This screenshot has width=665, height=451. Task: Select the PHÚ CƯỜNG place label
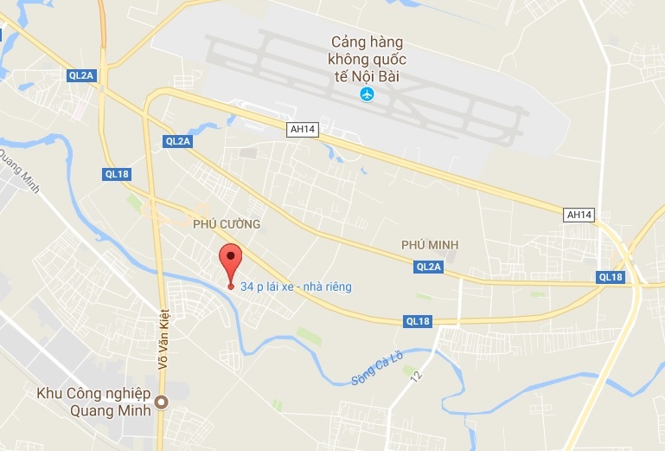[227, 224]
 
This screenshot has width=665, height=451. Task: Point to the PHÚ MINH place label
[430, 245]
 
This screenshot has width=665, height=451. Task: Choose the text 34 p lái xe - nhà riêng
[297, 287]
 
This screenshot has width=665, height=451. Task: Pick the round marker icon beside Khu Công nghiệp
[161, 402]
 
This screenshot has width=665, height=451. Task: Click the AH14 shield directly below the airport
[298, 129]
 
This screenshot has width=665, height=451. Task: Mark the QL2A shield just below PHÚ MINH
[429, 267]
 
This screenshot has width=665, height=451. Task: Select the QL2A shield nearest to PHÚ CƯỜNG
[176, 141]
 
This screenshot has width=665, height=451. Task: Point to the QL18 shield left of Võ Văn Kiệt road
[117, 174]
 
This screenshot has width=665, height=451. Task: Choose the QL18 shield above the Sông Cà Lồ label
[417, 320]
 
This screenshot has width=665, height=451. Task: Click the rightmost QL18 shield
[610, 277]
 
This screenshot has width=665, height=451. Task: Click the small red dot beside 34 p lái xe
[230, 287]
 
